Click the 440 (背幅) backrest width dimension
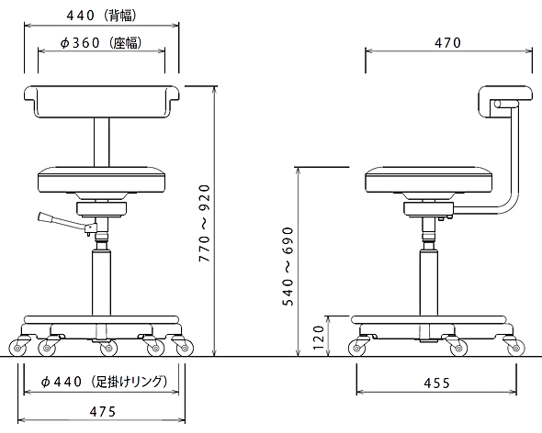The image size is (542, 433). click(x=101, y=16)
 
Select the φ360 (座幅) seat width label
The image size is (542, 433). click(x=101, y=43)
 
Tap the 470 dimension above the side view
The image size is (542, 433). click(x=447, y=43)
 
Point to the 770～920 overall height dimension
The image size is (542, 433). click(x=205, y=223)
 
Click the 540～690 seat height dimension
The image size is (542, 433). click(x=288, y=266)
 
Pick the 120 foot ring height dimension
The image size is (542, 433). click(x=318, y=337)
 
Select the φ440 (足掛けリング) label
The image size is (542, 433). click(x=104, y=382)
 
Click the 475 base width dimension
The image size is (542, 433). click(x=103, y=412)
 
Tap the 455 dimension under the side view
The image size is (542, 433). click(x=436, y=383)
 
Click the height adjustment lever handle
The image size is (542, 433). click(x=45, y=217)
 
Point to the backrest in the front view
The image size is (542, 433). click(x=102, y=102)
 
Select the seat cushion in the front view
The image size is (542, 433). click(x=101, y=180)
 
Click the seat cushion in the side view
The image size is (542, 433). click(x=429, y=180)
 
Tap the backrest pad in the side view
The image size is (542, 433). click(x=505, y=102)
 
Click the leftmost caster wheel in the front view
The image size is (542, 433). click(x=17, y=349)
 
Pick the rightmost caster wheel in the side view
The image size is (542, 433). click(x=515, y=349)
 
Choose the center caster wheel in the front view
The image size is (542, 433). click(x=108, y=349)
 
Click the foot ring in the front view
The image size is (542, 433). click(x=101, y=319)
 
